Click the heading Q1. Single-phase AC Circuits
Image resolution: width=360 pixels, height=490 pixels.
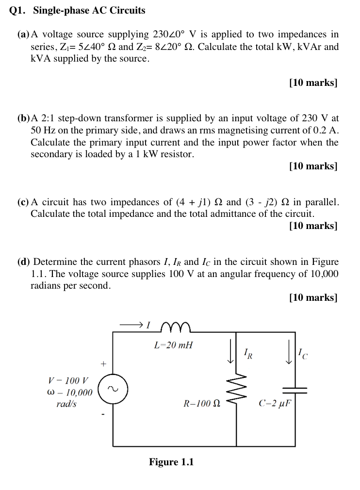77,10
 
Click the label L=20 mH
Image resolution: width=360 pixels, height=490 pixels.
173,345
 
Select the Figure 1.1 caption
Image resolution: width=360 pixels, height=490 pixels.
171,462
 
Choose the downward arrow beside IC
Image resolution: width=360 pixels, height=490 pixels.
289,353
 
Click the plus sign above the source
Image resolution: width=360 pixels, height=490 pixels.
102,363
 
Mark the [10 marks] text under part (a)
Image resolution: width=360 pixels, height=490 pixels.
313,82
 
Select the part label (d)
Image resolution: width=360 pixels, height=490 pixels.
24,262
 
